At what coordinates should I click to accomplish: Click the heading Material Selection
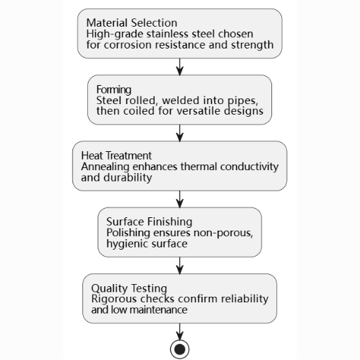tap(131, 23)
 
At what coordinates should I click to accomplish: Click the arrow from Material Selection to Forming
tap(180, 67)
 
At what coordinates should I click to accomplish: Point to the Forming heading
tap(114, 89)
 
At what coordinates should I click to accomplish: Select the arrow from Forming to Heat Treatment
tap(180, 133)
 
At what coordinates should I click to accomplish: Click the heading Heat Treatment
tap(117, 155)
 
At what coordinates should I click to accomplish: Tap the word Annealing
tap(105, 167)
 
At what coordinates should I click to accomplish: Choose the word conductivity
tap(250, 167)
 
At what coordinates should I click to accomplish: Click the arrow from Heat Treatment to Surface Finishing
tap(180, 199)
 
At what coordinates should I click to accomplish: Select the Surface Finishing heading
tap(149, 222)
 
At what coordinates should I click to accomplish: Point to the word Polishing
tap(128, 233)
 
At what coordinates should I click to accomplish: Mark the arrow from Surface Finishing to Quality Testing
tap(180, 266)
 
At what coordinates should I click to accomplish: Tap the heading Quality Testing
tap(129, 288)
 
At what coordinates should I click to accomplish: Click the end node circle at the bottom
tap(180, 349)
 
